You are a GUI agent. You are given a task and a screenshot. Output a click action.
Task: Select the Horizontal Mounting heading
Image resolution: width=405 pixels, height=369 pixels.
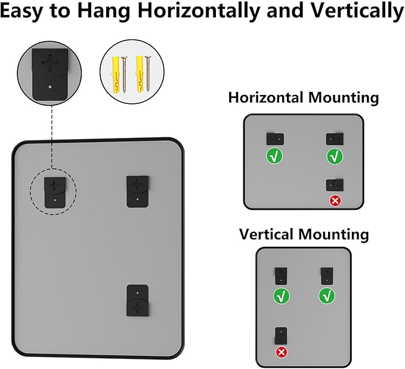(303, 97)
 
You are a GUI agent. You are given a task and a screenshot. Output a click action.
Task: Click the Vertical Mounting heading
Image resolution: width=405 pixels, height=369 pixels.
(304, 233)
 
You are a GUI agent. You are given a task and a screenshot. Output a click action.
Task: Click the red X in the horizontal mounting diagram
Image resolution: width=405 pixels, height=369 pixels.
(335, 201)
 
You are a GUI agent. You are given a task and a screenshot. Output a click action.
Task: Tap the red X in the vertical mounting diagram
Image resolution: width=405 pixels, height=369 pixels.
(280, 352)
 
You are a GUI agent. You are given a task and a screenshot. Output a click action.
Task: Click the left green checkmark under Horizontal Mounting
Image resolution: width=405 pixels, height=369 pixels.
(275, 157)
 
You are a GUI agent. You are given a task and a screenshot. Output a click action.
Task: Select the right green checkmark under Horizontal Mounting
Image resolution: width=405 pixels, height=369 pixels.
(335, 157)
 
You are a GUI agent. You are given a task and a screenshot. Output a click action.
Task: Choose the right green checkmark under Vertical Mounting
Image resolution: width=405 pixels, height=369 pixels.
(326, 295)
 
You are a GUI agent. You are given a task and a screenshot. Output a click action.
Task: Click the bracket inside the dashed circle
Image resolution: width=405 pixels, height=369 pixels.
(54, 192)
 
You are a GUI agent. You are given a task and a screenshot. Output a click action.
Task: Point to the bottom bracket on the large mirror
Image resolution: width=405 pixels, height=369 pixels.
(138, 301)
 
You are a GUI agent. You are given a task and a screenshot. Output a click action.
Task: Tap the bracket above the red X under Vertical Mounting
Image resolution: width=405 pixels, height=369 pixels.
(280, 336)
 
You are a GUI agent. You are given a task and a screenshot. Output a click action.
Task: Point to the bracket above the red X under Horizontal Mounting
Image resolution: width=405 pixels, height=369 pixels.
(335, 184)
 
